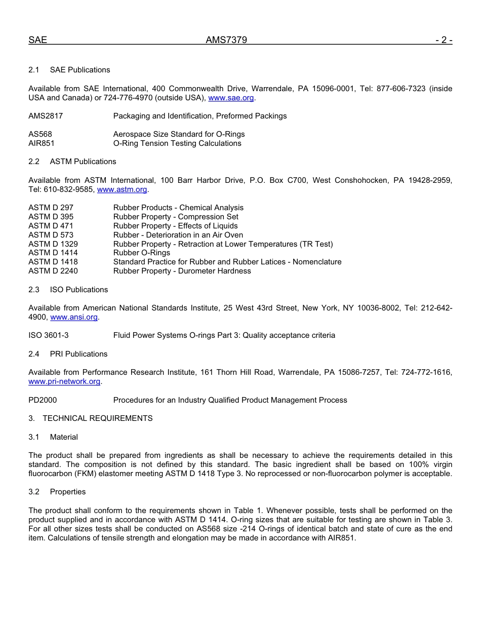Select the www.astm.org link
click(x=122, y=189)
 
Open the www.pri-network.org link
click(x=64, y=381)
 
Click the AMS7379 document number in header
click(x=226, y=41)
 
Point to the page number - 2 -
click(x=444, y=41)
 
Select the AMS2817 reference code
click(x=46, y=116)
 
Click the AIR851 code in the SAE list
click(x=42, y=143)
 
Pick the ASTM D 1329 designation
click(x=53, y=244)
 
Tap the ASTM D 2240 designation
click(x=53, y=271)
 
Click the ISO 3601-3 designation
click(x=49, y=335)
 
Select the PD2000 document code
click(x=43, y=400)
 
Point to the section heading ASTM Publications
click(x=83, y=162)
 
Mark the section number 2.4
click(x=34, y=354)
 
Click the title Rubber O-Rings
click(x=142, y=253)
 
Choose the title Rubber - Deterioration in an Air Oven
click(x=178, y=235)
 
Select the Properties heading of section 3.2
click(x=68, y=492)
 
